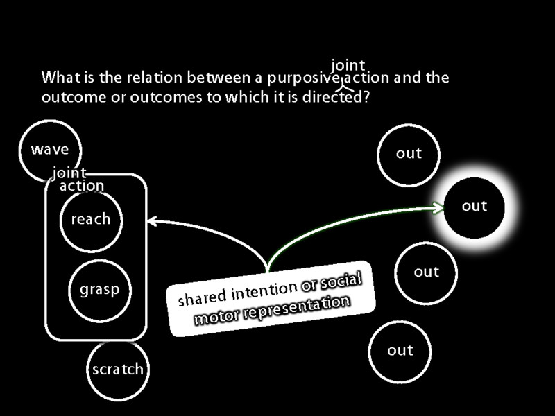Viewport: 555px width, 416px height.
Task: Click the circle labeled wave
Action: (50, 149)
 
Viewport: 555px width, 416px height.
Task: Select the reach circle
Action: (91, 220)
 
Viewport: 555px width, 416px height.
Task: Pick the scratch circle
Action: (118, 369)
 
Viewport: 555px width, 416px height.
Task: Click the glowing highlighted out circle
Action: (475, 206)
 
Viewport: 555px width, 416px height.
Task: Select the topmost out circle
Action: (409, 154)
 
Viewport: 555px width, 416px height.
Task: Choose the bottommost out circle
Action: (400, 351)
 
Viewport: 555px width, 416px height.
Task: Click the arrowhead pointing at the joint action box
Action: (152, 222)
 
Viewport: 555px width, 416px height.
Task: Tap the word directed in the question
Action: (332, 97)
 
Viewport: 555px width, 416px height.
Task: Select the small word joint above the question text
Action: (348, 65)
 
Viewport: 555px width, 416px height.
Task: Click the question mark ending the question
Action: (366, 97)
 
